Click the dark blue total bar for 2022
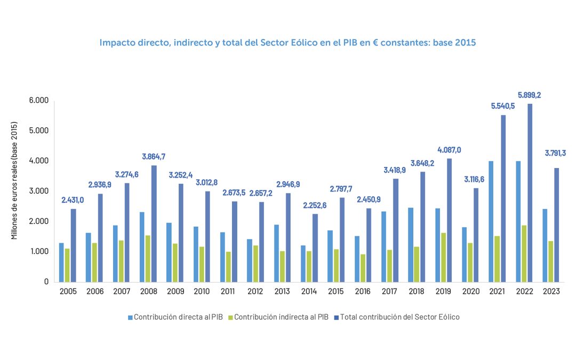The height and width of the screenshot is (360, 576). point(530,193)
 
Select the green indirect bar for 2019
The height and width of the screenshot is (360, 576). point(443,257)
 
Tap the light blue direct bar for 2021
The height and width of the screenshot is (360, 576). point(490,221)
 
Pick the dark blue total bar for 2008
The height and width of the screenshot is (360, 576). point(154,223)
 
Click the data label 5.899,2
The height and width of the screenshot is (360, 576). point(530,95)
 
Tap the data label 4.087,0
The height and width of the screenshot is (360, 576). point(449,150)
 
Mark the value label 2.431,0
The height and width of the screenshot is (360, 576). point(73,200)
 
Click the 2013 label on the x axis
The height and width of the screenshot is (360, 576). point(282,291)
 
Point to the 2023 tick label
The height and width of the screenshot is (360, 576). point(551,291)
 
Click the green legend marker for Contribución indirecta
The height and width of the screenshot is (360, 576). point(230,317)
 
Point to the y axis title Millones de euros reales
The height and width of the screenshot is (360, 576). point(15,181)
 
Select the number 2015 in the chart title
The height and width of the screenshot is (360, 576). point(464,43)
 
